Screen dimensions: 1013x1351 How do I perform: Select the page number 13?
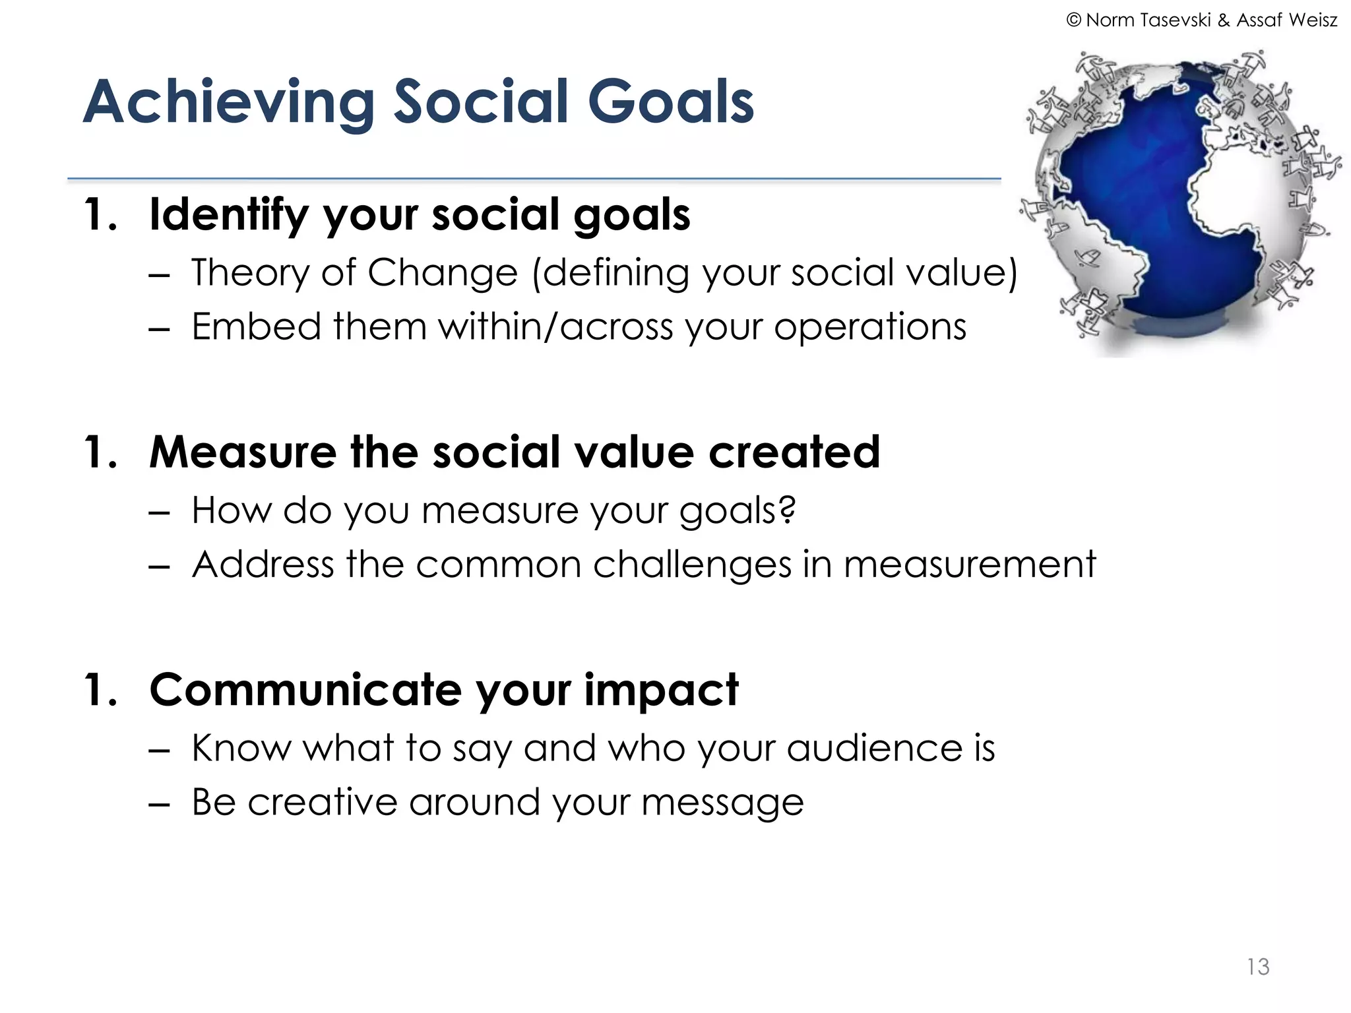1257,967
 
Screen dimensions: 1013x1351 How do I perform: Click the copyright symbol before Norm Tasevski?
1073,20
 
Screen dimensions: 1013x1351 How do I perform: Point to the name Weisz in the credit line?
1312,20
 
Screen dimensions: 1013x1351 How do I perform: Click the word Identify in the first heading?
228,216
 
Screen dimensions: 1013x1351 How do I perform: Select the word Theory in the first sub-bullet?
250,273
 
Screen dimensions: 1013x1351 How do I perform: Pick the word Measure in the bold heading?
243,453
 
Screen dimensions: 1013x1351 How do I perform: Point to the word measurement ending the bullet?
969,565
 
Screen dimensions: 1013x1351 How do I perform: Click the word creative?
322,803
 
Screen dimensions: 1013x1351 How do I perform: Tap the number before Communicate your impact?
99,691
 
